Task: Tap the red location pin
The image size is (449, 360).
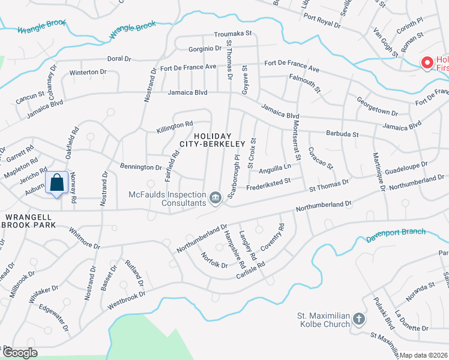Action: click(x=427, y=62)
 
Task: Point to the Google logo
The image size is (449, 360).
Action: click(x=20, y=353)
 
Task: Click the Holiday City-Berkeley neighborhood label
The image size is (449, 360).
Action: click(x=212, y=139)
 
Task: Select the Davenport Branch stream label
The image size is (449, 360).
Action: click(x=396, y=235)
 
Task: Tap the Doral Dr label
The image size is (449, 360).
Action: click(x=119, y=59)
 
